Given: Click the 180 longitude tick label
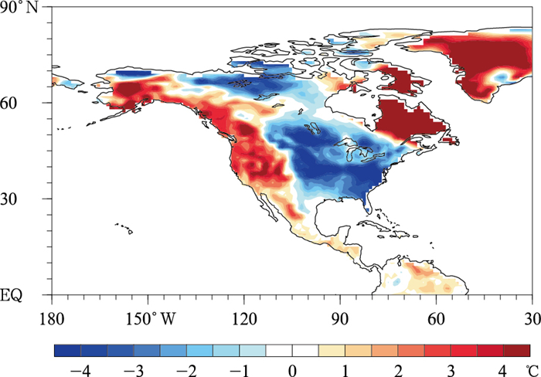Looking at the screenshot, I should (53, 318).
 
